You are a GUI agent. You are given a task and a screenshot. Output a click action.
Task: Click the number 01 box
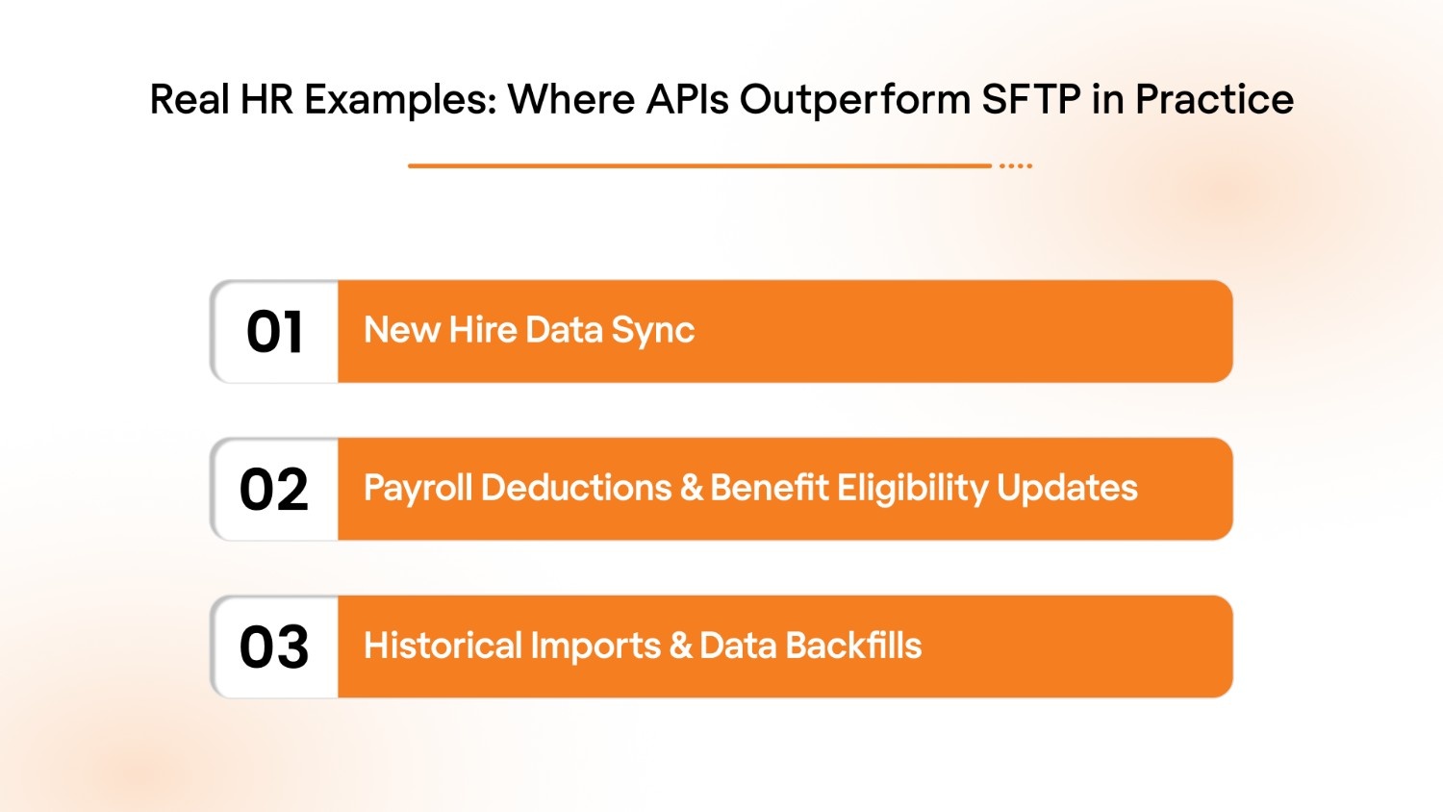click(275, 332)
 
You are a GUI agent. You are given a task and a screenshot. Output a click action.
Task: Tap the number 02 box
click(275, 490)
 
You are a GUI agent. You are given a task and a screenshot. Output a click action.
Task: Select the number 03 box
click(275, 647)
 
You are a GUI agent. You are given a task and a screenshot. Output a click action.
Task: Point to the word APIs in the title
click(687, 100)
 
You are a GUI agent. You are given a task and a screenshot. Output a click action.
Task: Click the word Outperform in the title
click(855, 100)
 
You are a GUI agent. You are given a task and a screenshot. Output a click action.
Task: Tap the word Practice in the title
click(1214, 100)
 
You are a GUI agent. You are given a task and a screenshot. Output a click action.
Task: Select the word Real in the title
click(190, 100)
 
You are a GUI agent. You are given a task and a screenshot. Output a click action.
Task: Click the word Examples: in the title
click(401, 100)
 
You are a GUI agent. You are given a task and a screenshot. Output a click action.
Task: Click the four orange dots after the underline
click(1016, 166)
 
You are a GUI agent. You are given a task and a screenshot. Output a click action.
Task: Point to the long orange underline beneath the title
click(699, 166)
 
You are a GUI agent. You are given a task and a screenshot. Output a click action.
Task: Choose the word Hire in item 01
click(483, 330)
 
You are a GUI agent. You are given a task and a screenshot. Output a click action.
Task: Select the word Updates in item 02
click(1067, 489)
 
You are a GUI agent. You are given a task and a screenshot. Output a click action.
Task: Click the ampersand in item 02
click(691, 489)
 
